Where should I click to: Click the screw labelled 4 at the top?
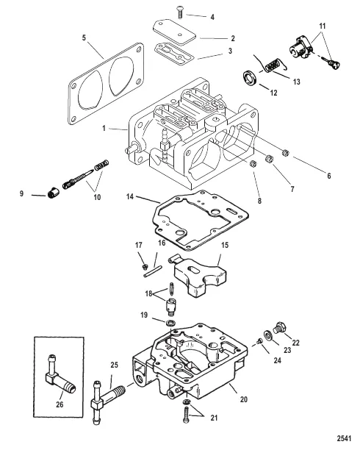[180, 12]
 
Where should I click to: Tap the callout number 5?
[84, 38]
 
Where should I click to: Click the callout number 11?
[323, 26]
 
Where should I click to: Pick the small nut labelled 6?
[285, 153]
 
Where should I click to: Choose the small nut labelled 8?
[253, 164]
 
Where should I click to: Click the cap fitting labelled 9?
[53, 192]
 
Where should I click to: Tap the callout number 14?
[130, 197]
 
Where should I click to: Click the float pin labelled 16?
[153, 271]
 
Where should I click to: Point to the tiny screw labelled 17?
[145, 268]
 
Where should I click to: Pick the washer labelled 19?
[172, 323]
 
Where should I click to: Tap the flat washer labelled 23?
[268, 335]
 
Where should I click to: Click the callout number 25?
[114, 365]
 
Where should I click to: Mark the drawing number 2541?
[344, 438]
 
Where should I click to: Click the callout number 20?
[243, 399]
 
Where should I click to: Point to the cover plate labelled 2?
[174, 32]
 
